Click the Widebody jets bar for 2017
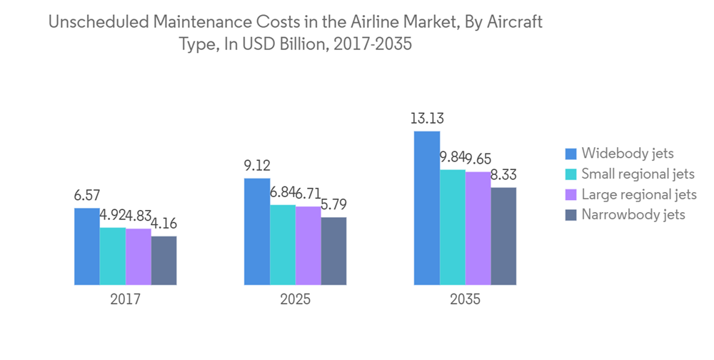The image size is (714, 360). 87,246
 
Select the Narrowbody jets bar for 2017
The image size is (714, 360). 164,261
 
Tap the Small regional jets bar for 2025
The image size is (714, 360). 282,245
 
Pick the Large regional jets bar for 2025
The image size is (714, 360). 308,246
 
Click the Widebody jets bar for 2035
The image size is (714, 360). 427,209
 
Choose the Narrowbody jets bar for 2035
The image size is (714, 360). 503,236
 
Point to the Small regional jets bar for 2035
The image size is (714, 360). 453,227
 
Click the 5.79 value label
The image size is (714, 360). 333,205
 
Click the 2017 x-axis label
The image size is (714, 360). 125,300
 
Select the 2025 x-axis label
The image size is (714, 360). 295,300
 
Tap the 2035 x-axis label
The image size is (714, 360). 465,300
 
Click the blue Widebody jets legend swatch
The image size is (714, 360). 570,154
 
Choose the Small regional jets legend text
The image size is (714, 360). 638,174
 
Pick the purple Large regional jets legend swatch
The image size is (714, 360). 570,194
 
